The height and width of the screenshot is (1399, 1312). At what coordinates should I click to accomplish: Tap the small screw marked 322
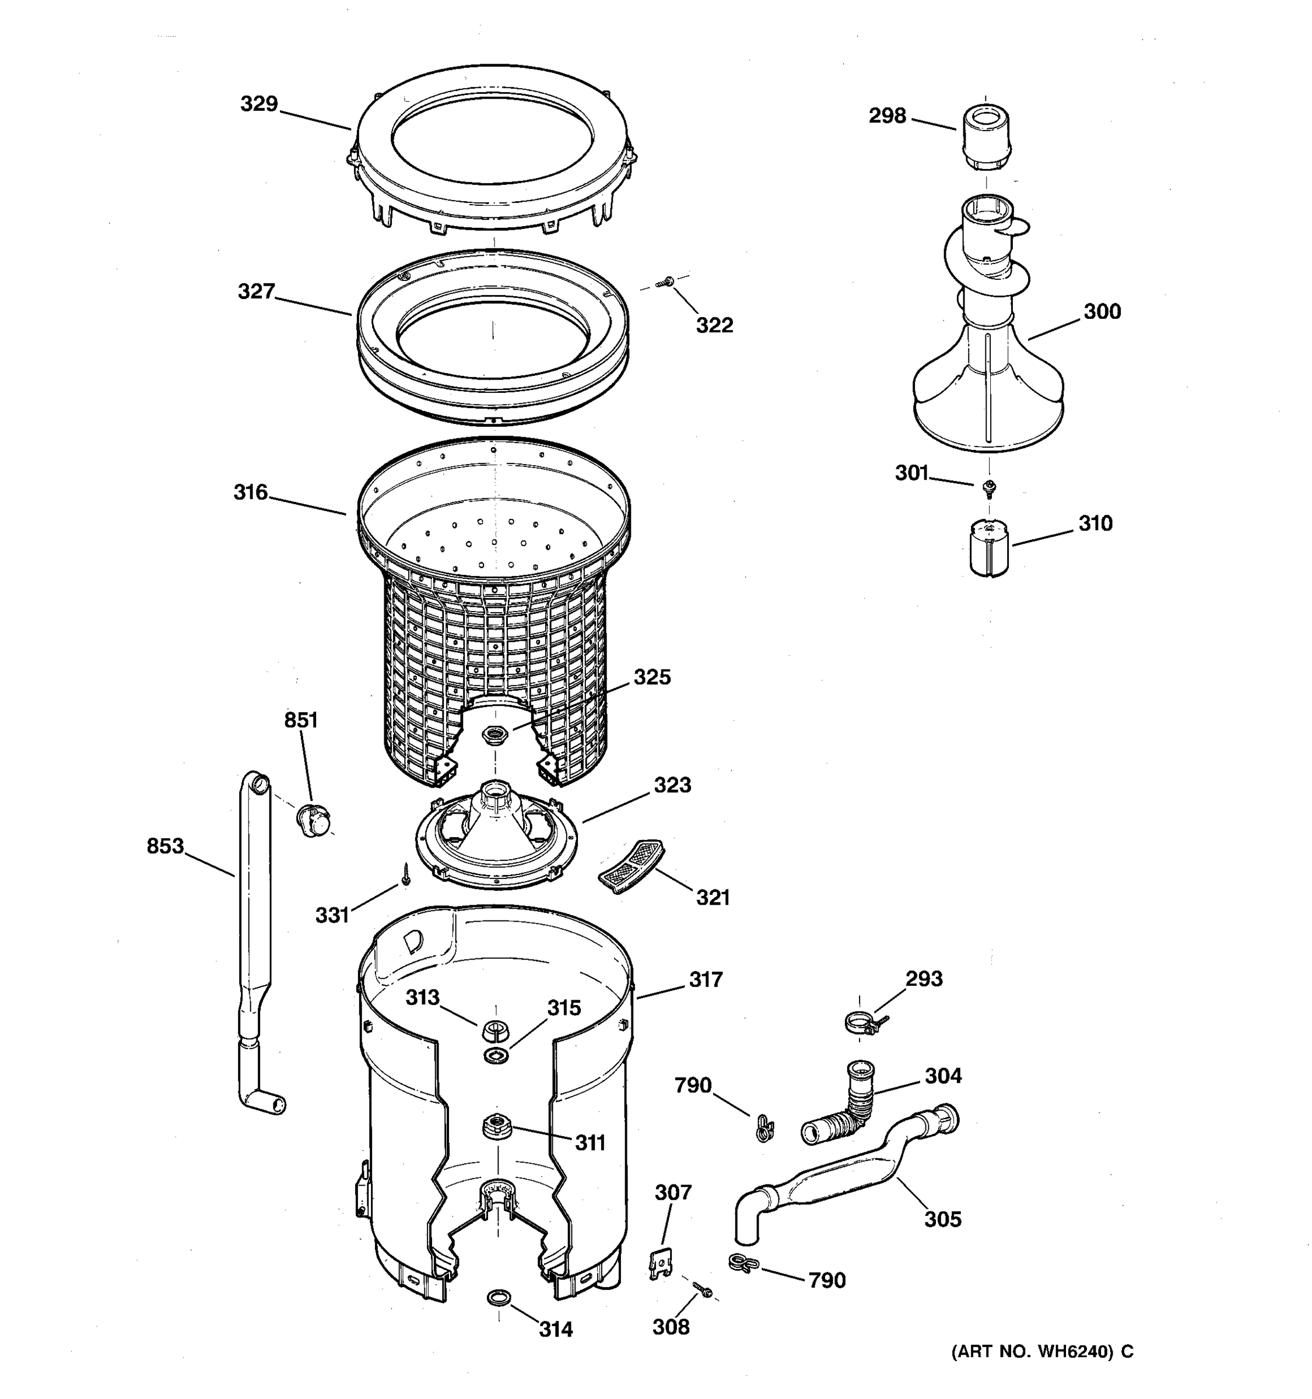665,282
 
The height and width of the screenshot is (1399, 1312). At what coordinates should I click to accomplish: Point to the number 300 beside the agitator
1101,311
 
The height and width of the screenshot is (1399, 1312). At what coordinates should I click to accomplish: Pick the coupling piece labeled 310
988,548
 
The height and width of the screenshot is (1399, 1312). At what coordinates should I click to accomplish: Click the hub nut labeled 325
495,736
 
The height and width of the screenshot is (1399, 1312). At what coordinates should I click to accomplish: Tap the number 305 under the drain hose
942,1218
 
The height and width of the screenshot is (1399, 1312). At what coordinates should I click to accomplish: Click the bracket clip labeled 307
661,1263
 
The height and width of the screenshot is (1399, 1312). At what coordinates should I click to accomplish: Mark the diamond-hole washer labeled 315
497,1054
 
